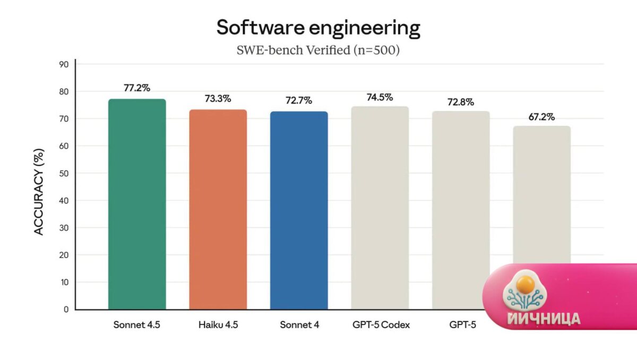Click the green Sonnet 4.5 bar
point(137,204)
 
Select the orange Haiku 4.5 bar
point(218,210)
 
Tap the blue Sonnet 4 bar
point(299,211)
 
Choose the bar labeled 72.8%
point(461,211)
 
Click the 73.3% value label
point(218,99)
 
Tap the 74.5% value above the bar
point(380,97)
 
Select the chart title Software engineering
point(318,28)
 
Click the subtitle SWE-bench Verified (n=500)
point(318,50)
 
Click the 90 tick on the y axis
point(64,64)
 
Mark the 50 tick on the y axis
point(64,173)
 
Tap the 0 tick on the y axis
point(66,309)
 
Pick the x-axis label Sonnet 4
point(299,325)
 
